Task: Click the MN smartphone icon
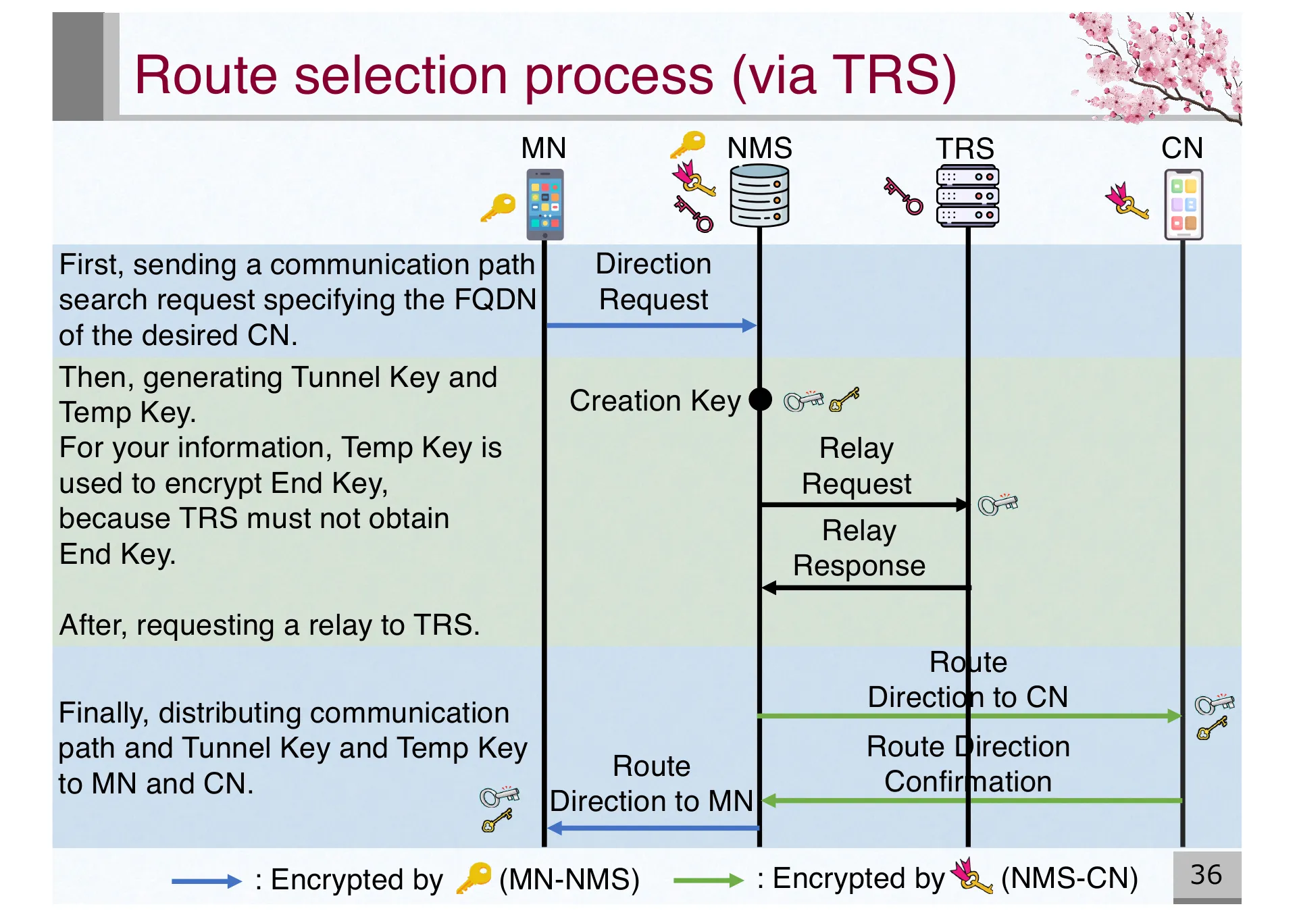click(544, 204)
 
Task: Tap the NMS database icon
click(759, 196)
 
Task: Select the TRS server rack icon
click(967, 196)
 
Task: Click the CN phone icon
click(1184, 204)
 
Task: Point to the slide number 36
click(1206, 875)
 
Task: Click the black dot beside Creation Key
click(761, 399)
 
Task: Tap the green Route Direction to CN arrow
click(969, 716)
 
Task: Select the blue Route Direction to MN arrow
click(653, 828)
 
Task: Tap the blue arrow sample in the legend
click(206, 881)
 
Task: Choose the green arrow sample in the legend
click(708, 880)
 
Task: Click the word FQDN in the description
click(495, 300)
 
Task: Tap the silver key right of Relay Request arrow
click(998, 504)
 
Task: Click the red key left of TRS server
click(903, 196)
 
